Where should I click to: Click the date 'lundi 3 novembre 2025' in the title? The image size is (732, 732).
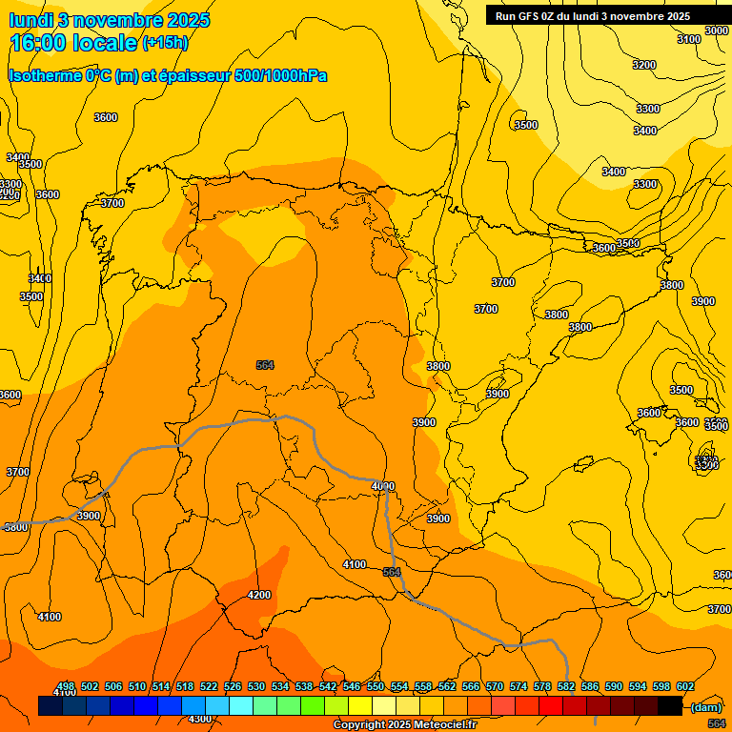click(109, 20)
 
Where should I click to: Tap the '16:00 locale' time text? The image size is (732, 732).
click(74, 42)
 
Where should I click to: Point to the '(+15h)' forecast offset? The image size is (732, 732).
click(164, 43)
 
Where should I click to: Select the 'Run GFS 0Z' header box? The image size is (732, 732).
click(593, 16)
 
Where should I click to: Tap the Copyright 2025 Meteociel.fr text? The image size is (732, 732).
click(404, 725)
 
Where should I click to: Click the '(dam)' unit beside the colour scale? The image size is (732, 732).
click(706, 706)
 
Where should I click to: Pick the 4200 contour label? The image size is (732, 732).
click(258, 595)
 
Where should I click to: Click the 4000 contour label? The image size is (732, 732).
click(382, 486)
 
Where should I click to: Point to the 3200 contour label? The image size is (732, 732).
click(644, 65)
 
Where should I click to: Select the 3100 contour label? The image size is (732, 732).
click(688, 39)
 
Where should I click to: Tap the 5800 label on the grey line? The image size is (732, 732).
click(15, 526)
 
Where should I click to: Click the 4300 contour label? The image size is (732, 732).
click(199, 719)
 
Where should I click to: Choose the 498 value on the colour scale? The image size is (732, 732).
click(66, 686)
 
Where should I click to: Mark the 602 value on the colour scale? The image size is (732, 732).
click(684, 686)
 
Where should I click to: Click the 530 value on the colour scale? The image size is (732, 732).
click(256, 686)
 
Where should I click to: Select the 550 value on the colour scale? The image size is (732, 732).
click(376, 686)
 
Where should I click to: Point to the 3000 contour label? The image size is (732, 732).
click(717, 30)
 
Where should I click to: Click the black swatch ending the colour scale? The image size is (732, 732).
click(670, 705)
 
